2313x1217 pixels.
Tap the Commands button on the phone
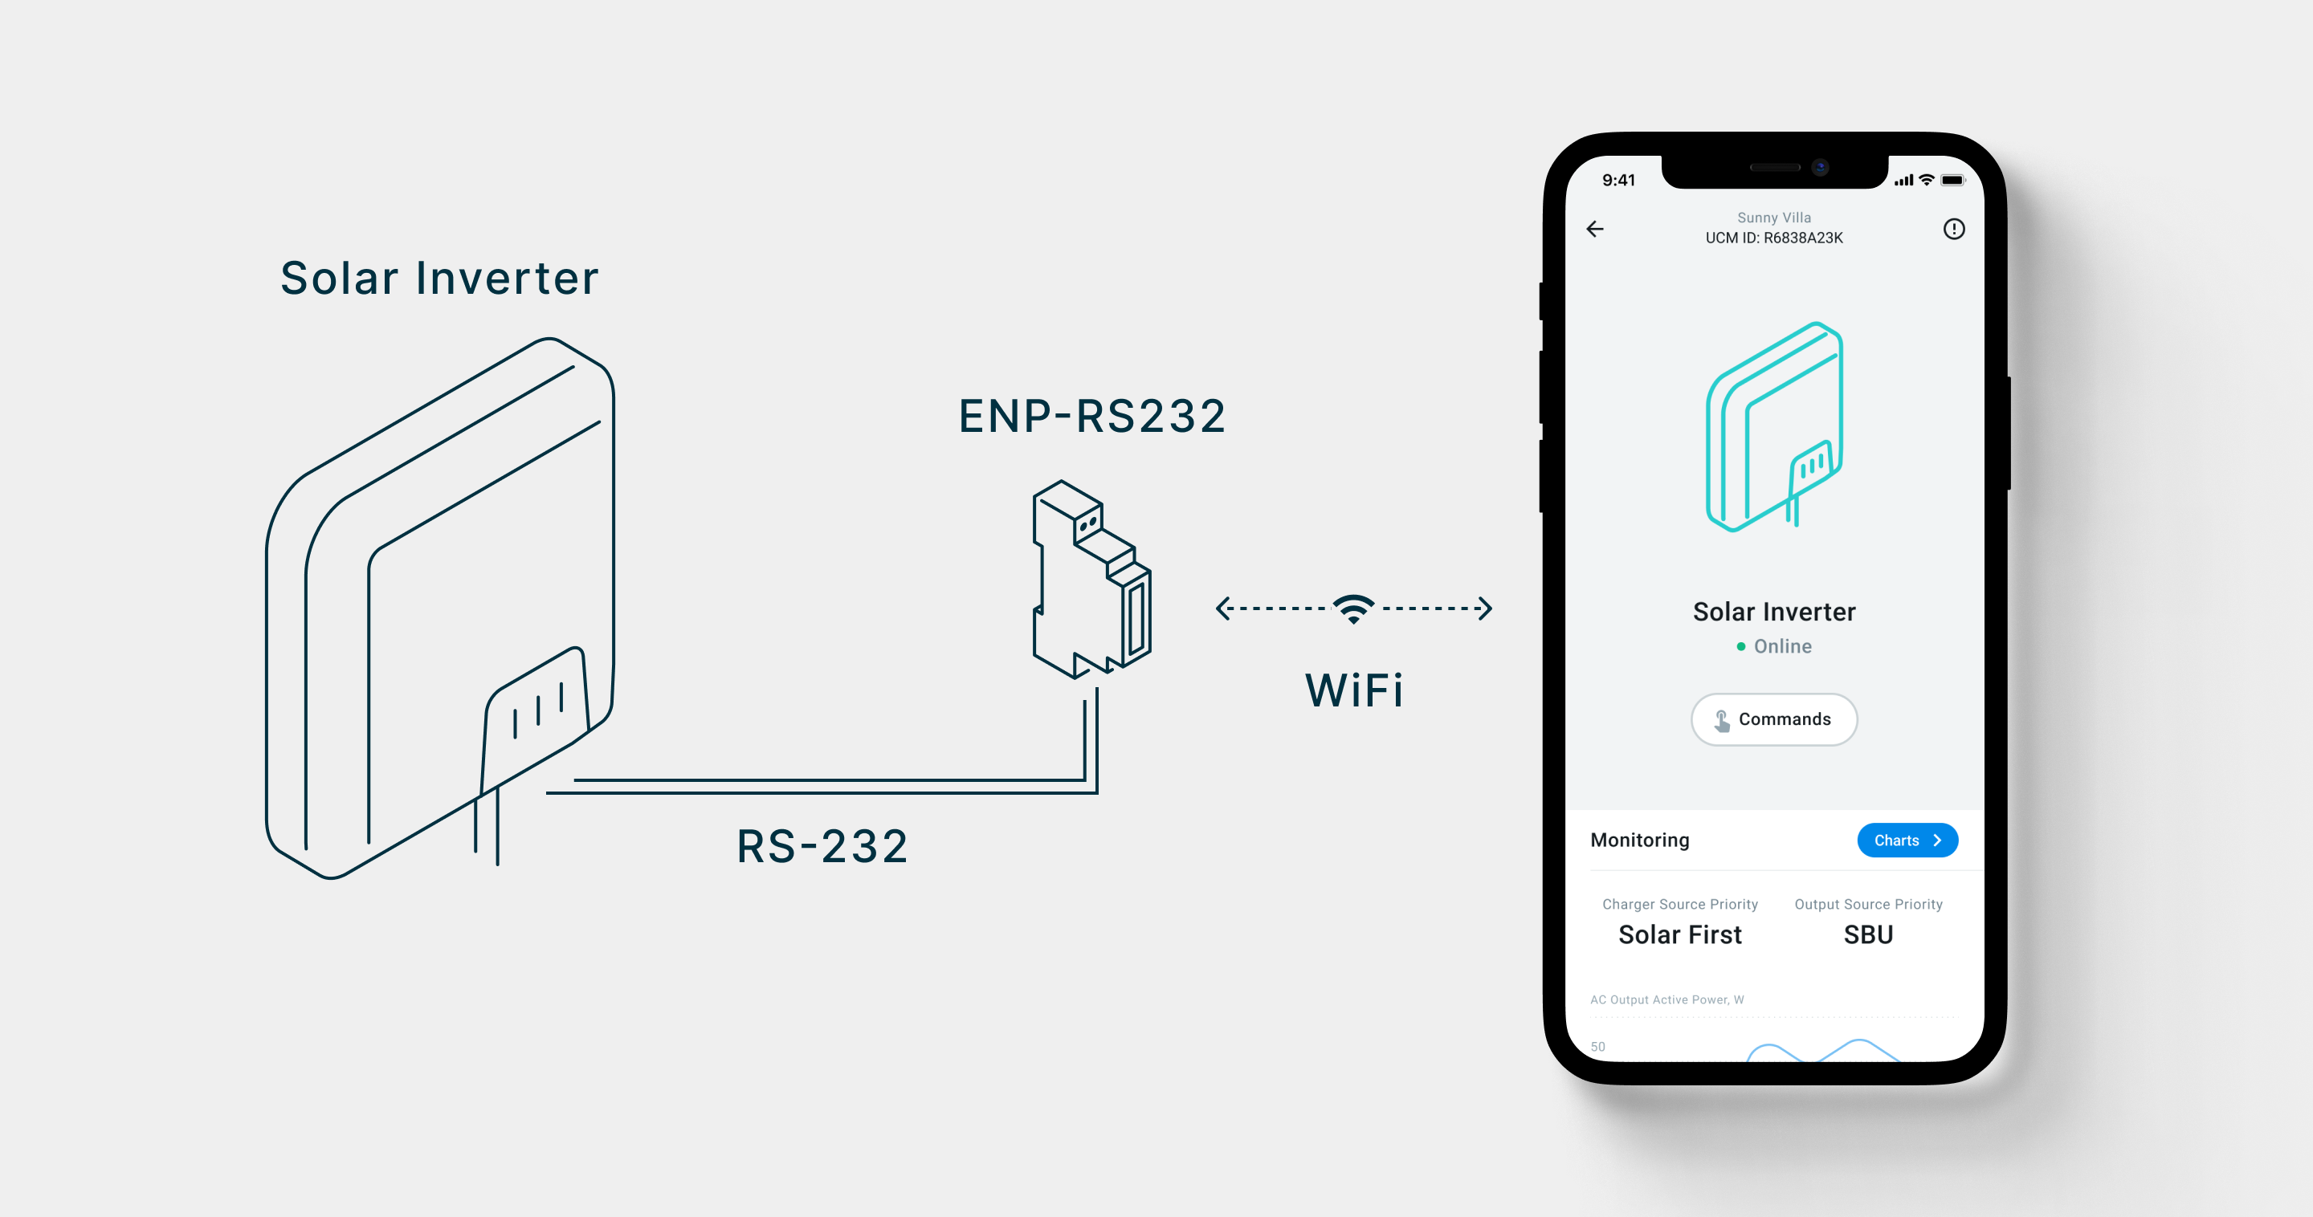pyautogui.click(x=1773, y=719)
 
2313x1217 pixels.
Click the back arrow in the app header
pyautogui.click(x=1595, y=229)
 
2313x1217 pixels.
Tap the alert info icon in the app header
pyautogui.click(x=1953, y=229)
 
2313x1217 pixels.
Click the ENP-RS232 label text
pyautogui.click(x=1092, y=417)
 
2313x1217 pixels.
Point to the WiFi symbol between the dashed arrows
pyautogui.click(x=1353, y=608)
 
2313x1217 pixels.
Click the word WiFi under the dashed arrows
pyautogui.click(x=1354, y=690)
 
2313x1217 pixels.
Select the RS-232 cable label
pyautogui.click(x=822, y=846)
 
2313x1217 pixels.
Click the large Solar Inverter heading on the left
pyautogui.click(x=439, y=279)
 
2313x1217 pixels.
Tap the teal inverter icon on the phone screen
pyautogui.click(x=1774, y=426)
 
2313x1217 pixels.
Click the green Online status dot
pyautogui.click(x=1741, y=646)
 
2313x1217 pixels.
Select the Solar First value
pyautogui.click(x=1679, y=934)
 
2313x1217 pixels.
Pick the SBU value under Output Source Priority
pyautogui.click(x=1867, y=934)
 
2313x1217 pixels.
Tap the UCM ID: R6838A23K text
pyautogui.click(x=1773, y=238)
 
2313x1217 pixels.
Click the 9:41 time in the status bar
pyautogui.click(x=1618, y=181)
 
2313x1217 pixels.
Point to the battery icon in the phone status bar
pyautogui.click(x=1952, y=181)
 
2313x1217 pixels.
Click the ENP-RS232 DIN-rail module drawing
pyautogui.click(x=1091, y=579)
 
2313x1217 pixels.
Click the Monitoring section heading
pyautogui.click(x=1639, y=840)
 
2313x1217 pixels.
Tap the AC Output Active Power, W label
pyautogui.click(x=1666, y=999)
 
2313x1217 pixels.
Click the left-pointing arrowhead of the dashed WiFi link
pyautogui.click(x=1222, y=608)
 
